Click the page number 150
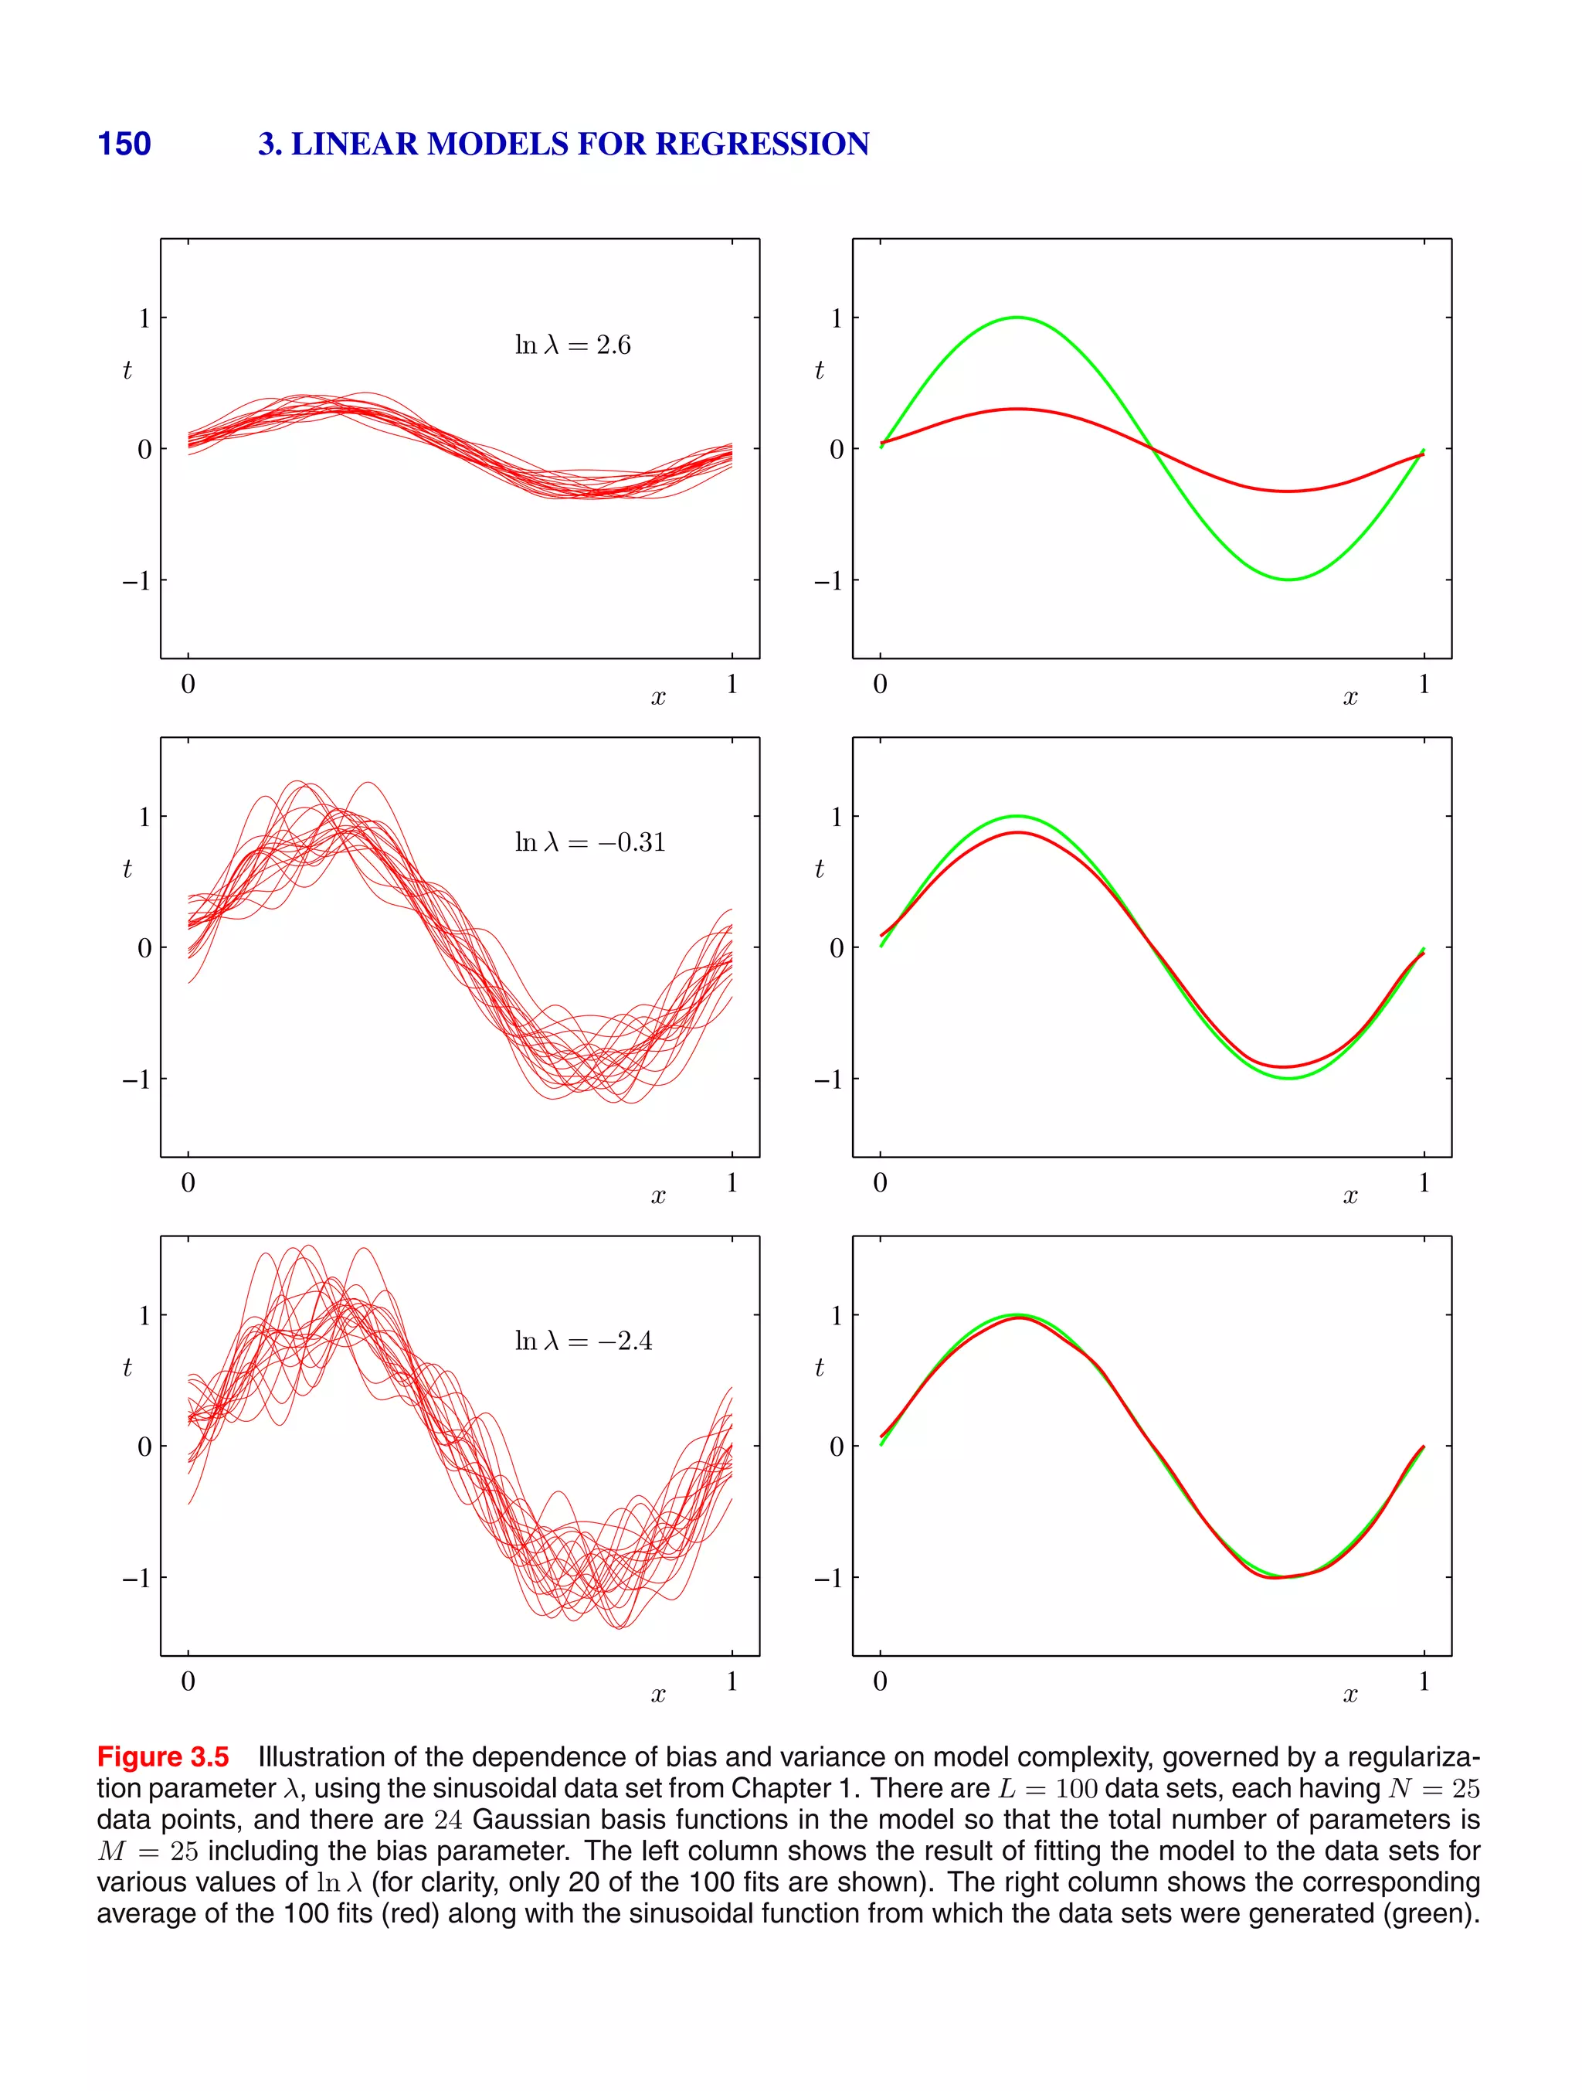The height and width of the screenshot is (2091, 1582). pyautogui.click(x=124, y=144)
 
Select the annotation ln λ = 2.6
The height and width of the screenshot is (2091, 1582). pyautogui.click(x=572, y=345)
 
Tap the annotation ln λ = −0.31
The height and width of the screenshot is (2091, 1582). pyautogui.click(x=589, y=842)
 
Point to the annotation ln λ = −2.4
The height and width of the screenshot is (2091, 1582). pyautogui.click(x=583, y=1341)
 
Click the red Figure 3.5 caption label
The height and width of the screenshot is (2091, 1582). pyautogui.click(x=162, y=1757)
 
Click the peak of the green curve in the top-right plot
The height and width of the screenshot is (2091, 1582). pyautogui.click(x=1017, y=318)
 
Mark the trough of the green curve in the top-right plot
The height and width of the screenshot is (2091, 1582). pyautogui.click(x=1289, y=580)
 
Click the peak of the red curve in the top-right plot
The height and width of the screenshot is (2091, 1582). pyautogui.click(x=1017, y=410)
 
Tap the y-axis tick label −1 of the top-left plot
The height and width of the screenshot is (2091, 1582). pyautogui.click(x=136, y=580)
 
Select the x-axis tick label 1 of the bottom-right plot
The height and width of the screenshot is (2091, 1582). pyautogui.click(x=1423, y=1681)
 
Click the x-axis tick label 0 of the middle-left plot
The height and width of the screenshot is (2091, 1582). pyautogui.click(x=188, y=1182)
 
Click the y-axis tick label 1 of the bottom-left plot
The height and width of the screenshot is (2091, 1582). pyautogui.click(x=144, y=1315)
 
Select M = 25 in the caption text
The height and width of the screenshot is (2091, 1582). pyautogui.click(x=148, y=1851)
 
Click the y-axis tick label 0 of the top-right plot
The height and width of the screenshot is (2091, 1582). pyautogui.click(x=837, y=449)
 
